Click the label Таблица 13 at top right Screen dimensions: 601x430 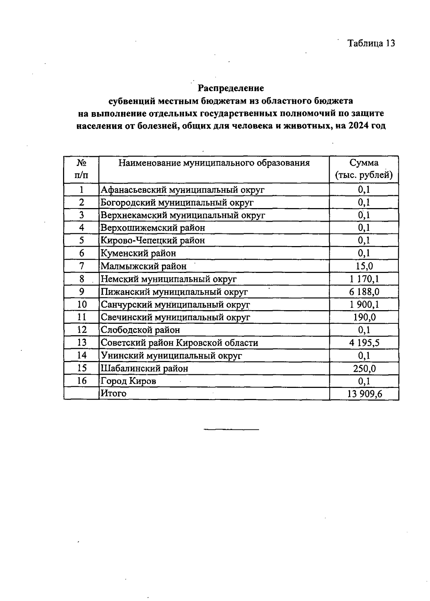(x=371, y=43)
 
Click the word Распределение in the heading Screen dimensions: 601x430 (x=231, y=88)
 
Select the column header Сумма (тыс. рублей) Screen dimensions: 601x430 (x=364, y=169)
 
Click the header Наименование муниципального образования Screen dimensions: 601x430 (x=214, y=163)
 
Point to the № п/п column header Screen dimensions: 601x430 (x=81, y=169)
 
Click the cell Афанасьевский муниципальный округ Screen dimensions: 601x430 (x=182, y=189)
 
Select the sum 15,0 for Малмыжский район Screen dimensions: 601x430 (x=364, y=266)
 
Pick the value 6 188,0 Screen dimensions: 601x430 (x=364, y=292)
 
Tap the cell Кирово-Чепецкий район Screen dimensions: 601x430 (x=153, y=240)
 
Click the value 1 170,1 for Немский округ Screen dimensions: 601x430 (x=364, y=279)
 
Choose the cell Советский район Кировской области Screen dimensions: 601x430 (x=179, y=343)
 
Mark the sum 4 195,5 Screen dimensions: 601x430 (x=364, y=343)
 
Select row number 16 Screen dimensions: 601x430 (x=82, y=381)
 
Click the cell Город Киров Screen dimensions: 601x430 (x=128, y=381)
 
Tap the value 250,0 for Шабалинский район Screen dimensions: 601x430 (x=364, y=369)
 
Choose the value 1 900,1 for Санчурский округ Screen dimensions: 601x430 (x=364, y=305)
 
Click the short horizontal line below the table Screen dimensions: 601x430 (x=231, y=429)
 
